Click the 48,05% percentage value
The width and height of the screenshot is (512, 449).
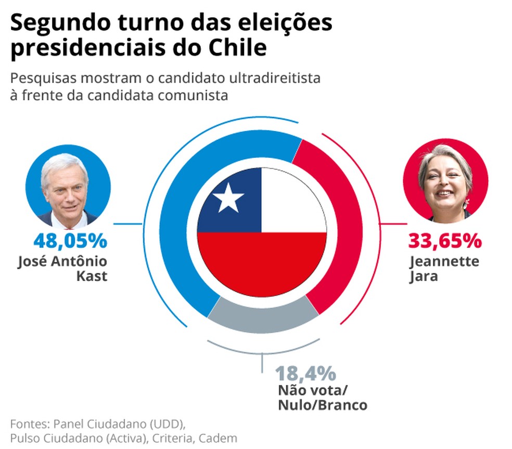[70, 241]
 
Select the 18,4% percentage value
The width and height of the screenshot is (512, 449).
[305, 373]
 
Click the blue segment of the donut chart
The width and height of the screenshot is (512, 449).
[180, 218]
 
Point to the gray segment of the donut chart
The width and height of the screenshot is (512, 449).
[263, 314]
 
